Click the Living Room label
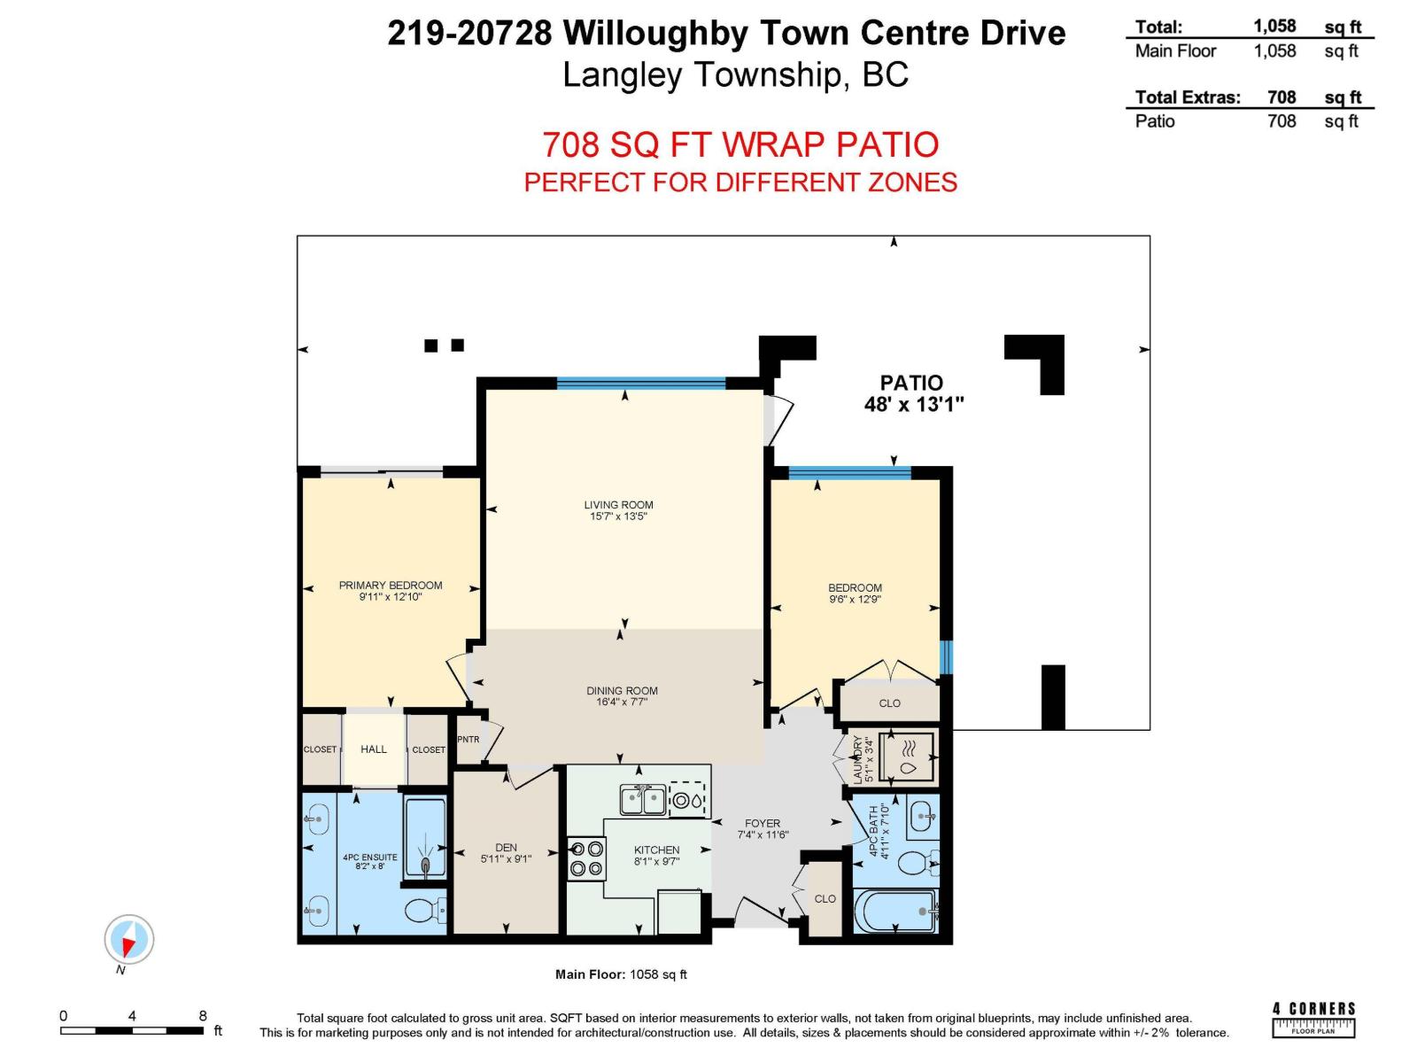[x=618, y=505]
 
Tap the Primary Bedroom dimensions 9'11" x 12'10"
[x=391, y=597]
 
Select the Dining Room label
[x=622, y=691]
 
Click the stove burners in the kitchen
[x=586, y=858]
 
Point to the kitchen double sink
[x=642, y=800]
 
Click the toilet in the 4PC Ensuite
[x=425, y=912]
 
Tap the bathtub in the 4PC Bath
[x=896, y=911]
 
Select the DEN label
[x=506, y=848]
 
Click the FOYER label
[x=763, y=823]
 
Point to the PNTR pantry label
[x=468, y=740]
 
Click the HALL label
[x=374, y=749]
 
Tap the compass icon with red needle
[x=129, y=939]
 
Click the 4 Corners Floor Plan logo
[x=1313, y=1019]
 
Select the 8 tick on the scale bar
[x=203, y=1016]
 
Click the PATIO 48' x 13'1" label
[x=912, y=393]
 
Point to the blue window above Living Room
[x=641, y=383]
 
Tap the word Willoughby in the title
[x=655, y=34]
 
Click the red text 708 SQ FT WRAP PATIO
[x=740, y=144]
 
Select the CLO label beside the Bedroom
[x=889, y=702]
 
